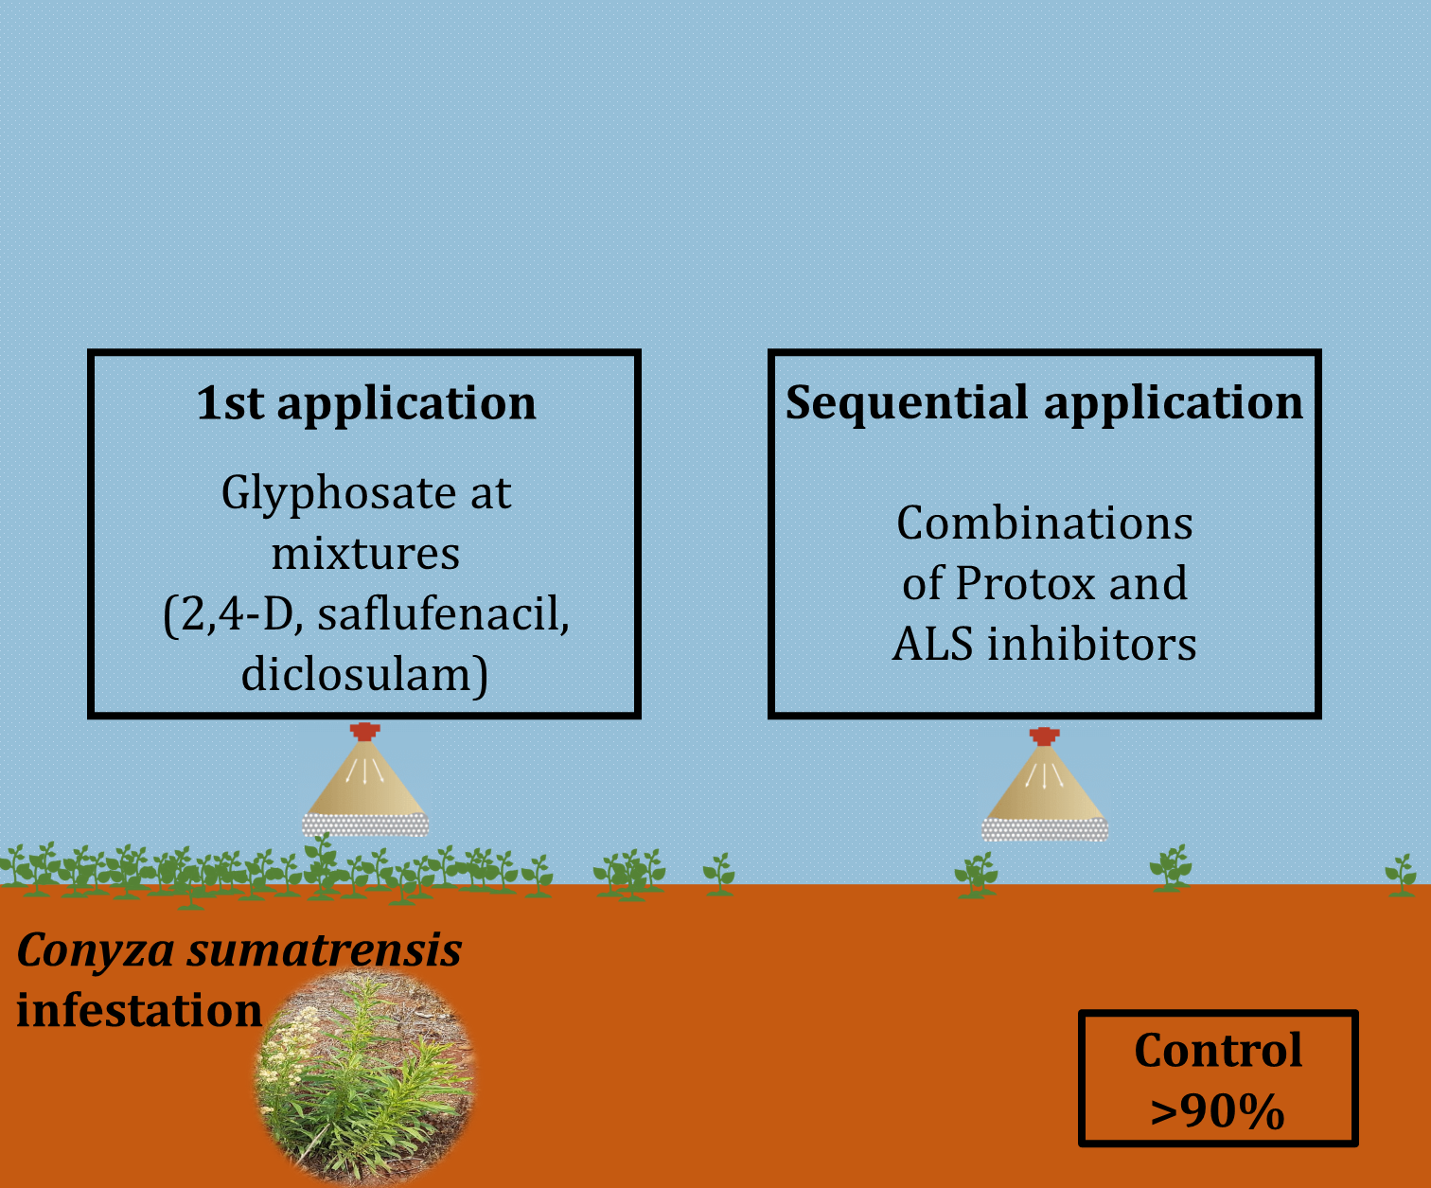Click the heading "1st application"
coord(366,403)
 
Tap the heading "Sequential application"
coord(1044,402)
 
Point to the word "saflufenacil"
coord(443,615)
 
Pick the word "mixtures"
coord(365,554)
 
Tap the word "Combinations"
coord(1044,523)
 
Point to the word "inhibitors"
coord(1092,645)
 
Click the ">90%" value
coord(1217,1111)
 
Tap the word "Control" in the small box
coord(1218,1051)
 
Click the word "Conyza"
coord(96,950)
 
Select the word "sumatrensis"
coord(324,950)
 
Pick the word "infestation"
coord(139,1011)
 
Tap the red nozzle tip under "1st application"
coord(364,731)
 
